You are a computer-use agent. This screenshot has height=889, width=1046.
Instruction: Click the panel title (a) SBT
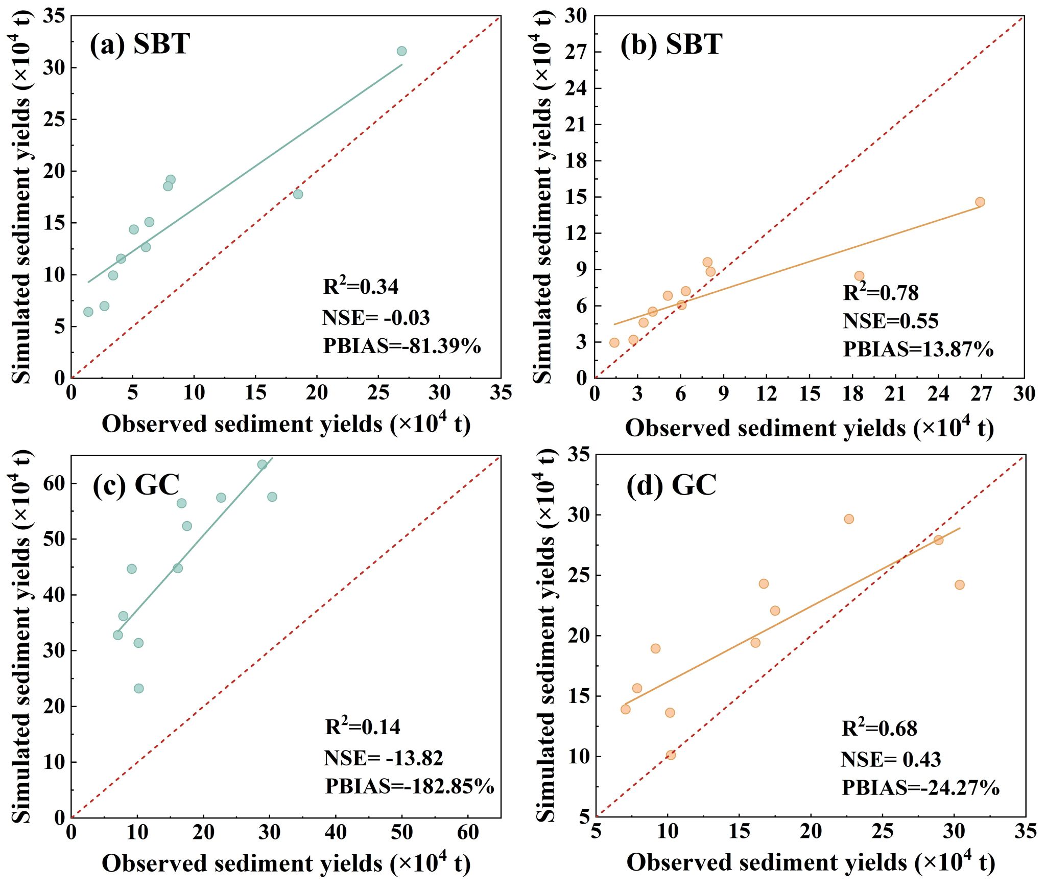click(139, 44)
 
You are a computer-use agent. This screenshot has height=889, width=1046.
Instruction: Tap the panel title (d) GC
click(671, 485)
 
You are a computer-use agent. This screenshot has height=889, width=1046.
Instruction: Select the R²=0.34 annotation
click(361, 287)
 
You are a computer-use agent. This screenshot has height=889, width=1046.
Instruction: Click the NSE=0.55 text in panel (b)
click(890, 321)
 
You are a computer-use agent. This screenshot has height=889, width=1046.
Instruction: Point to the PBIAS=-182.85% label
click(410, 786)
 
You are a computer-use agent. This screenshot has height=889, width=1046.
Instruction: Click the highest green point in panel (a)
click(401, 51)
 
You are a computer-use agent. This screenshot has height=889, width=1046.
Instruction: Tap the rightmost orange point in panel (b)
click(980, 202)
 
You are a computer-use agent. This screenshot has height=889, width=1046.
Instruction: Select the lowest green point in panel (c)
click(138, 688)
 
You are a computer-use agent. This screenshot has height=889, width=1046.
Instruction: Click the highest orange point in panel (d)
click(849, 519)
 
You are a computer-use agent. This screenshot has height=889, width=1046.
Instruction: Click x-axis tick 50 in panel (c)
click(402, 832)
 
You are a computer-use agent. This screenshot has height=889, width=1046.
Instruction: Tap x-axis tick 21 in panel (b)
click(895, 394)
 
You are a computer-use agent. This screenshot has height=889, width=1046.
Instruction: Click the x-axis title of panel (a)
click(286, 424)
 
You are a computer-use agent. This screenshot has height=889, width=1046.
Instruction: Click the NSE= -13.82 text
click(383, 758)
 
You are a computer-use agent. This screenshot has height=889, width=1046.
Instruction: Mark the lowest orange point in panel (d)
click(671, 755)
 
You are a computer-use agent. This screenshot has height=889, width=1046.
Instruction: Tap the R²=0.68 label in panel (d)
click(879, 728)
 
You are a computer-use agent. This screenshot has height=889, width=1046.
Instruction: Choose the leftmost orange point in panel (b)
click(614, 342)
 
